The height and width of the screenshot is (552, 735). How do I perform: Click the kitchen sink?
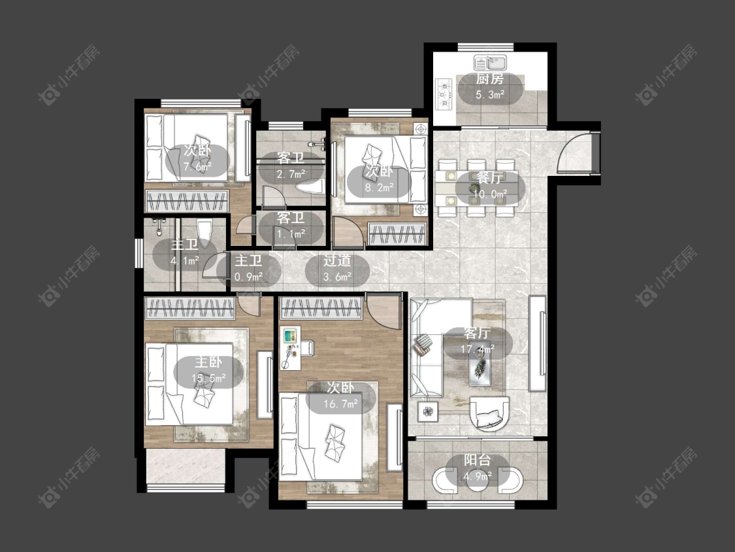pos(490,62)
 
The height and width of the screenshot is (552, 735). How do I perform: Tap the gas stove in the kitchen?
pos(444,94)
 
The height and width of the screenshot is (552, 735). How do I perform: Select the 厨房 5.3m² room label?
pos(490,87)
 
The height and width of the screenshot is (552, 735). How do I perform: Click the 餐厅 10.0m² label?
pos(490,185)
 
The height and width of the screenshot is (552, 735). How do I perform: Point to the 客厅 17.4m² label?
pos(478,341)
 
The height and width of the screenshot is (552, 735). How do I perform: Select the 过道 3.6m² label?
pos(338,269)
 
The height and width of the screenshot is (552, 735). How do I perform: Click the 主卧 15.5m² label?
pos(208,370)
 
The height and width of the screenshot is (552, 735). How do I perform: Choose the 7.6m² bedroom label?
pos(197,159)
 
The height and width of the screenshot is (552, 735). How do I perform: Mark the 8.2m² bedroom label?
pos(379,179)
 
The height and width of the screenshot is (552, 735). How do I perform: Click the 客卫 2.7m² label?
pos(291,165)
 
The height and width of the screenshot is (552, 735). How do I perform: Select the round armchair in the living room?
pos(489,413)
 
